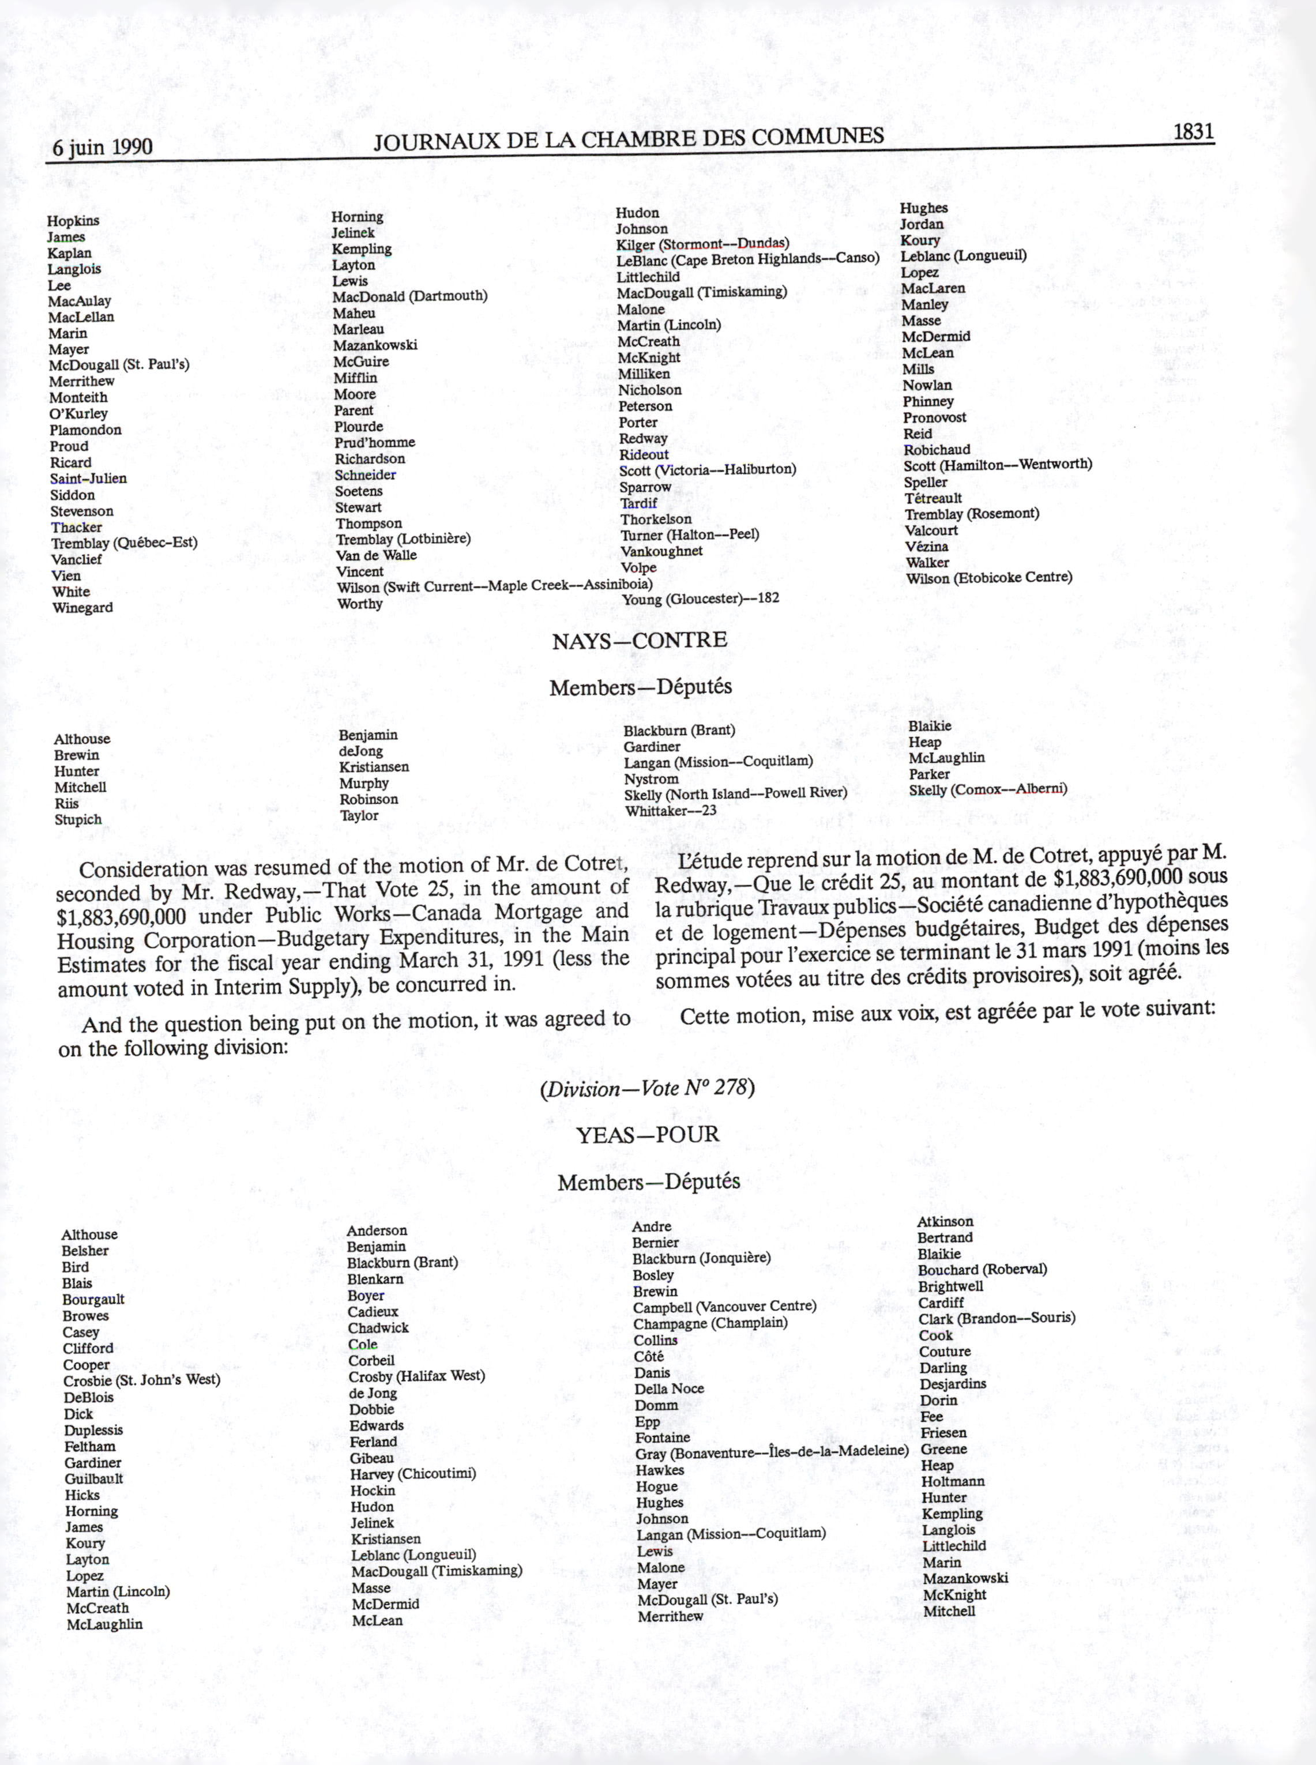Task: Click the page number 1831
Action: [1193, 131]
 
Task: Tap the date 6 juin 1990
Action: [102, 148]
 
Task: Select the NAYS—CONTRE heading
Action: [639, 641]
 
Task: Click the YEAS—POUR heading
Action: [647, 1134]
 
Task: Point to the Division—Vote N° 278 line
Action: [647, 1088]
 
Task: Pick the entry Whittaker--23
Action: [670, 811]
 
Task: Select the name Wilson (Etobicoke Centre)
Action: [988, 577]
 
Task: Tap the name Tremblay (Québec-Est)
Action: [124, 543]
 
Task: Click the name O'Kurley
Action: [78, 413]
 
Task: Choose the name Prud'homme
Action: [374, 442]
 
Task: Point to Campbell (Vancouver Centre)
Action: [724, 1306]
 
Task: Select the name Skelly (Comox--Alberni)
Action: [987, 789]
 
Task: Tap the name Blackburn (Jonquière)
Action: [701, 1258]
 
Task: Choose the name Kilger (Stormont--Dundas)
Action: [702, 244]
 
